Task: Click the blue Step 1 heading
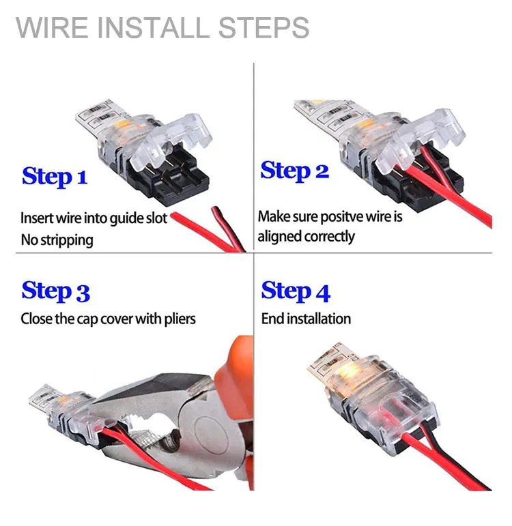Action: (55, 177)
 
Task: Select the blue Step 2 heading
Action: (294, 171)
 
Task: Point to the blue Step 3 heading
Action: (55, 291)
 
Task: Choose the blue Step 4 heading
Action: (296, 291)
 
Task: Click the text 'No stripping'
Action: (57, 239)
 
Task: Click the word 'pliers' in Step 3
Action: (180, 319)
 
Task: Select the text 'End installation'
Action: (306, 319)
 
